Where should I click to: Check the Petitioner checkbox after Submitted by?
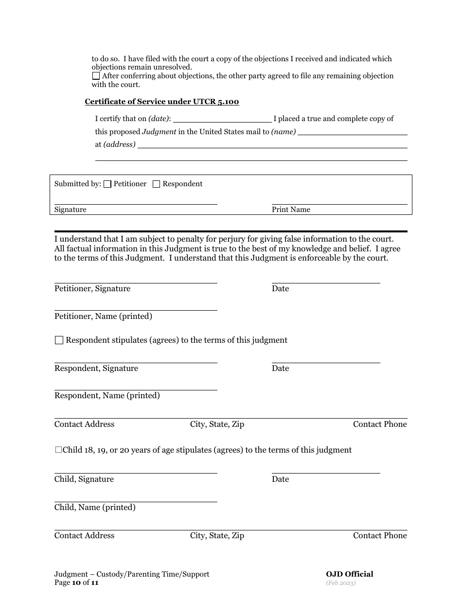pos(108,184)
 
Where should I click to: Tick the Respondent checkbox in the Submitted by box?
pos(157,184)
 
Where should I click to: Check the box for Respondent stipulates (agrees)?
pos(59,340)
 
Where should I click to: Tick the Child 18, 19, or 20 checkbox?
pos(58,450)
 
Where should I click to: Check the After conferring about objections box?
pos(96,76)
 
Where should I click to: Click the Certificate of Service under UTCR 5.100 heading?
pos(162,102)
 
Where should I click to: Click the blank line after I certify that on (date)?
pos(222,119)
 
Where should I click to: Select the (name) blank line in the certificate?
pos(352,132)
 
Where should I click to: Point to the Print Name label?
pos(291,210)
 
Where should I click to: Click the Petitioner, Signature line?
pos(136,279)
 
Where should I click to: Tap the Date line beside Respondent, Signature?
pos(326,359)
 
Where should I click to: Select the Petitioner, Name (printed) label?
pos(103,317)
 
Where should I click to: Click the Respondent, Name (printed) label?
pos(107,396)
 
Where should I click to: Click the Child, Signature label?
pos(84,479)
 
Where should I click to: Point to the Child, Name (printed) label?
pos(95,508)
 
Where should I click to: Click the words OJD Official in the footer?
pos(350,574)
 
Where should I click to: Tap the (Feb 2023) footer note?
pos(341,583)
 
